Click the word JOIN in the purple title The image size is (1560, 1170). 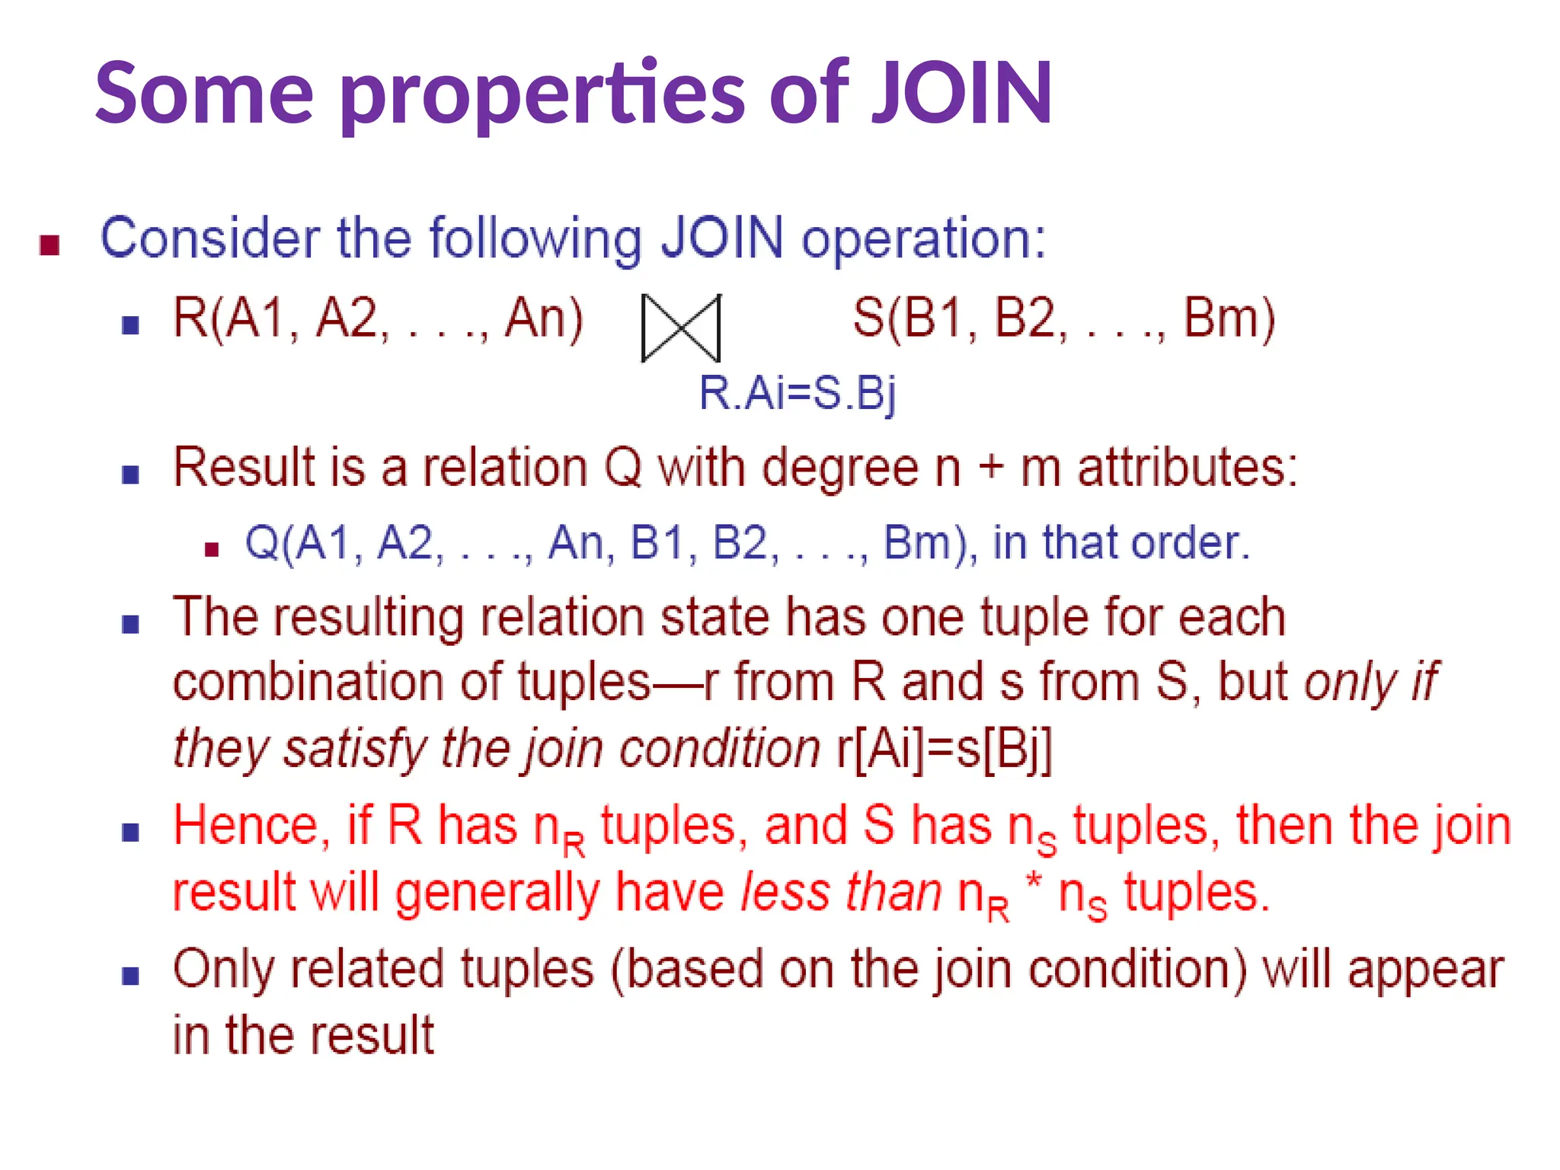[962, 93]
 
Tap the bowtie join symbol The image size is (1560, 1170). [680, 328]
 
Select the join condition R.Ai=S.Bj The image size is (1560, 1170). [797, 394]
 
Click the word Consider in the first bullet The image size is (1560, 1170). [210, 238]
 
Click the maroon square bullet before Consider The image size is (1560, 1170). [50, 245]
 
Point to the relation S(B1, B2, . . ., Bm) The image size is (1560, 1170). [1063, 318]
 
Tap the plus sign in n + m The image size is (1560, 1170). [991, 467]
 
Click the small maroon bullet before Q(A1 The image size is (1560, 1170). [213, 549]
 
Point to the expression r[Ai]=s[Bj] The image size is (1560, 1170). [945, 749]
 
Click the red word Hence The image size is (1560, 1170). [251, 826]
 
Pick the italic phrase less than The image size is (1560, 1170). [841, 893]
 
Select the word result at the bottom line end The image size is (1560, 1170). [372, 1036]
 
